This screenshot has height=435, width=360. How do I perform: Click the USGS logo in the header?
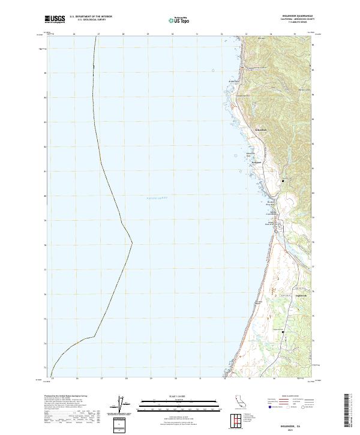point(55,19)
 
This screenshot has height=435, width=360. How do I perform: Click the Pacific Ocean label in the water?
point(157,197)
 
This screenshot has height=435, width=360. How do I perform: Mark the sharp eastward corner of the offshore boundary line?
point(132,244)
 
